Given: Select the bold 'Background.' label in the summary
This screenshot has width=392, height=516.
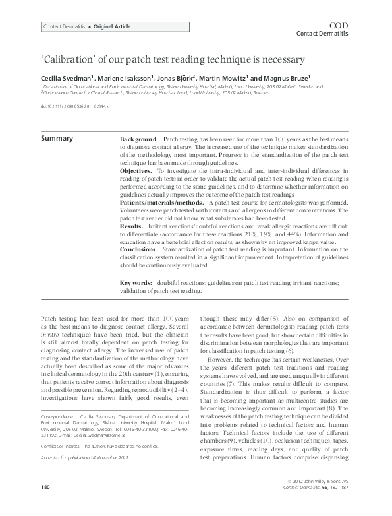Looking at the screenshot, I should [x=138, y=141].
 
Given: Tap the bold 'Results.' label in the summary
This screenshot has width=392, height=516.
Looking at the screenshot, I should [x=132, y=226].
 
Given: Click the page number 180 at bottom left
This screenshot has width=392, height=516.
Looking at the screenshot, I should [x=45, y=505].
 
